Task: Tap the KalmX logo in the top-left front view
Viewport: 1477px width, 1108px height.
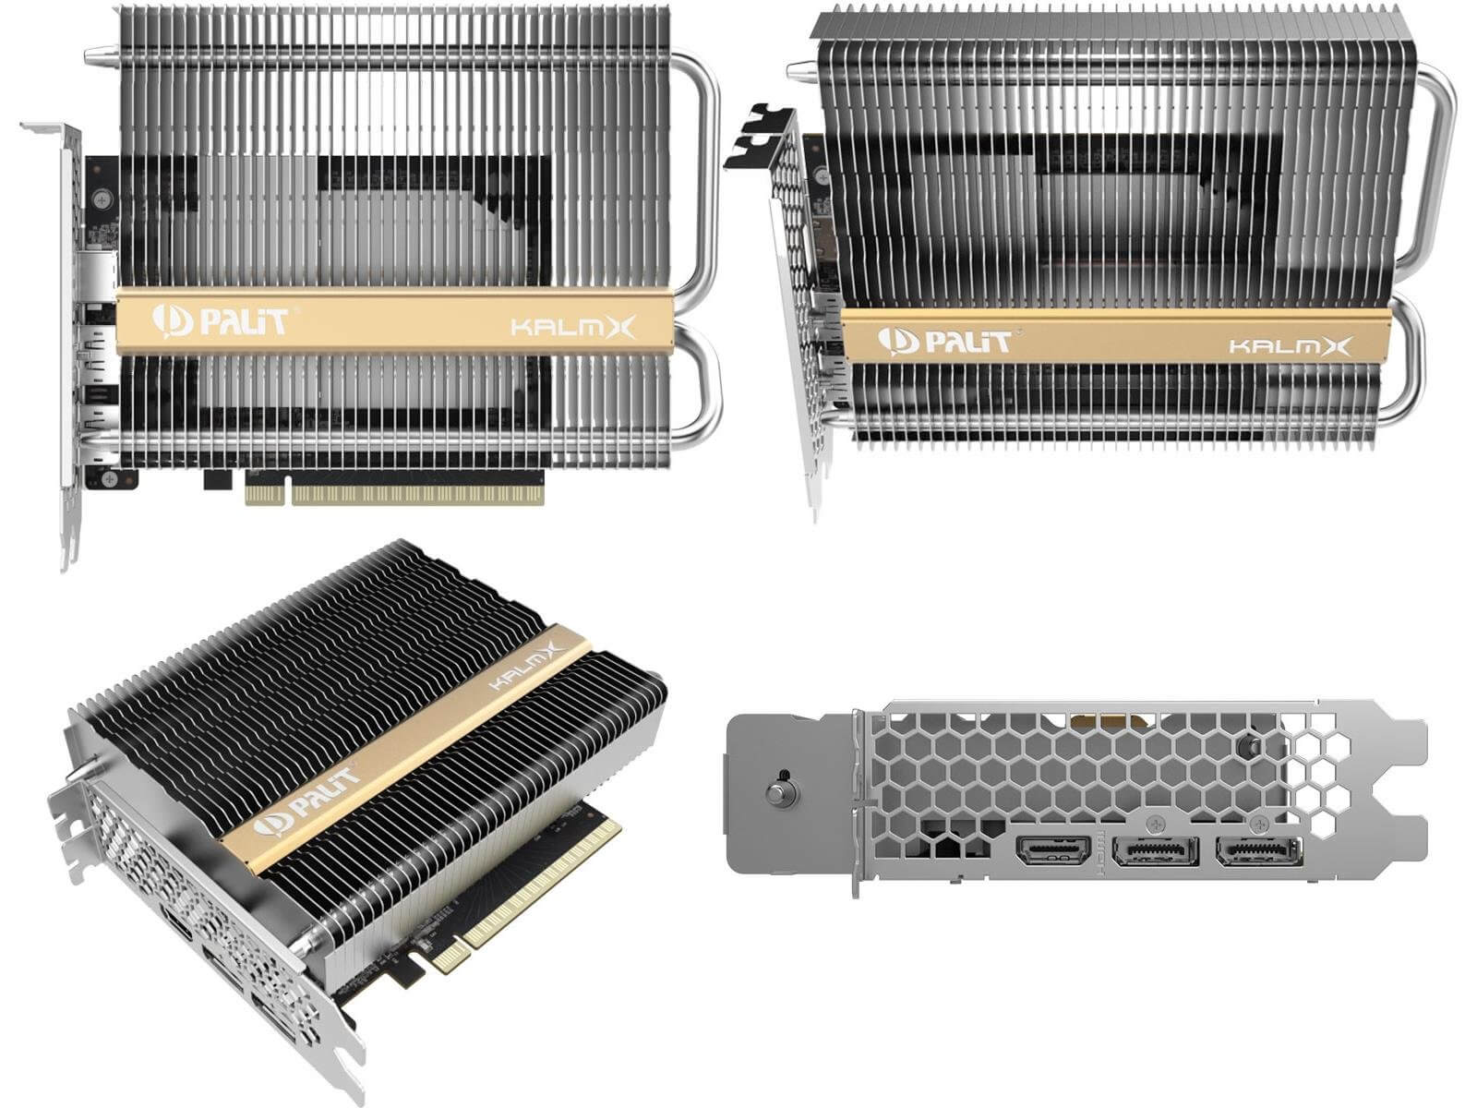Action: [x=572, y=328]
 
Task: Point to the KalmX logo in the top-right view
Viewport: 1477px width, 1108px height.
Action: [x=1290, y=345]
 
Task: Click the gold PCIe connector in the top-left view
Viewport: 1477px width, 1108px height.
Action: [x=394, y=495]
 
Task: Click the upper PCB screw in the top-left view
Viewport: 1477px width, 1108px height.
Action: [x=102, y=199]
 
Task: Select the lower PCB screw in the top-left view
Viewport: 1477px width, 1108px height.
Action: [x=110, y=478]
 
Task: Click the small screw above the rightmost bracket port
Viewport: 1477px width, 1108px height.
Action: [x=1257, y=823]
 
